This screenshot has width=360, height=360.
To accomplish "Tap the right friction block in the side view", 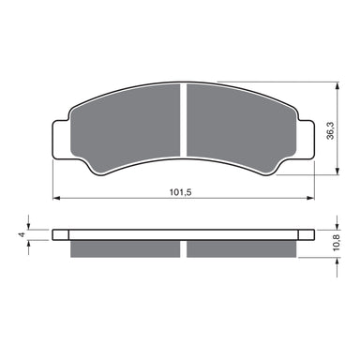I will coord(241,248).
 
